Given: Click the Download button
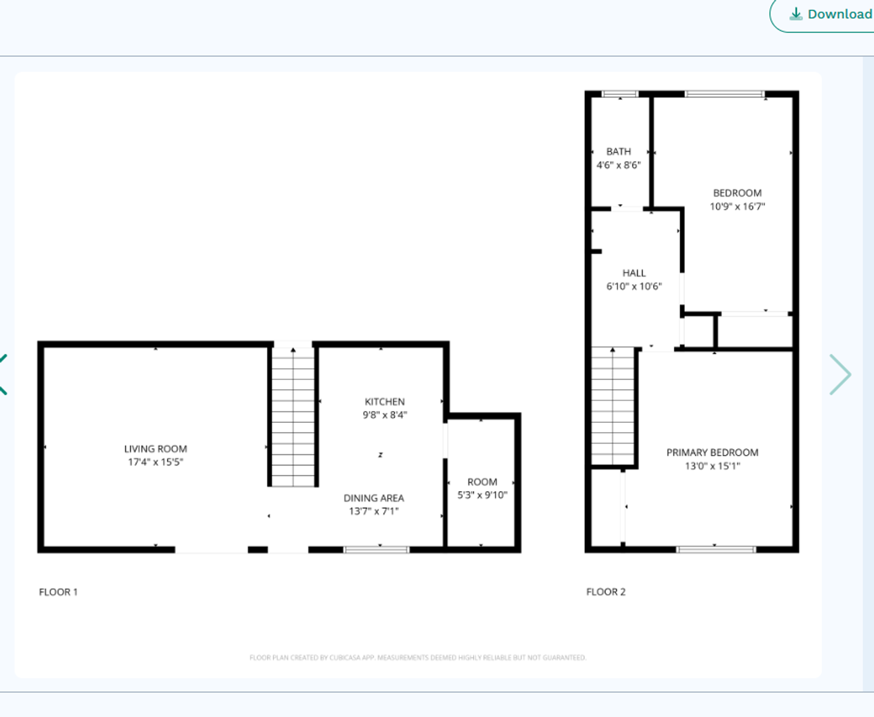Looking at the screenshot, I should (830, 15).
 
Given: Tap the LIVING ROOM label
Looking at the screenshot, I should (155, 449).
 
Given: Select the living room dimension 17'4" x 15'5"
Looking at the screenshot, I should (155, 462).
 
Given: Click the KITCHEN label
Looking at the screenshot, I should (384, 402).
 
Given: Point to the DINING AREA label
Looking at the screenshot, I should (374, 498).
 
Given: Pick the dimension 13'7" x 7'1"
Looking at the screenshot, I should (374, 511).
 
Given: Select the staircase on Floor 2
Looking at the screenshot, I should (613, 406).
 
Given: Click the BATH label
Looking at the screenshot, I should (619, 151).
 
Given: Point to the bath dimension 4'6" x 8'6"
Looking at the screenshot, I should (619, 165).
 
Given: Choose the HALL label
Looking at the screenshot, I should (634, 273).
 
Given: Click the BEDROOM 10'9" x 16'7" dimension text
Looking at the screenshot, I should (737, 206).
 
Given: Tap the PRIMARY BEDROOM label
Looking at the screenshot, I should (712, 452).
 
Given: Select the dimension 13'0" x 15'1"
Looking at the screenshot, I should (712, 466).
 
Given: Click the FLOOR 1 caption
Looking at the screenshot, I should (58, 592).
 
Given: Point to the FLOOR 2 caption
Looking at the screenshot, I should (606, 592).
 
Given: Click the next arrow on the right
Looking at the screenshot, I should (840, 374).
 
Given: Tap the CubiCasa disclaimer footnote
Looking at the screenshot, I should (417, 657).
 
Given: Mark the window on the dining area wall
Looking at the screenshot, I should (376, 549).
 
